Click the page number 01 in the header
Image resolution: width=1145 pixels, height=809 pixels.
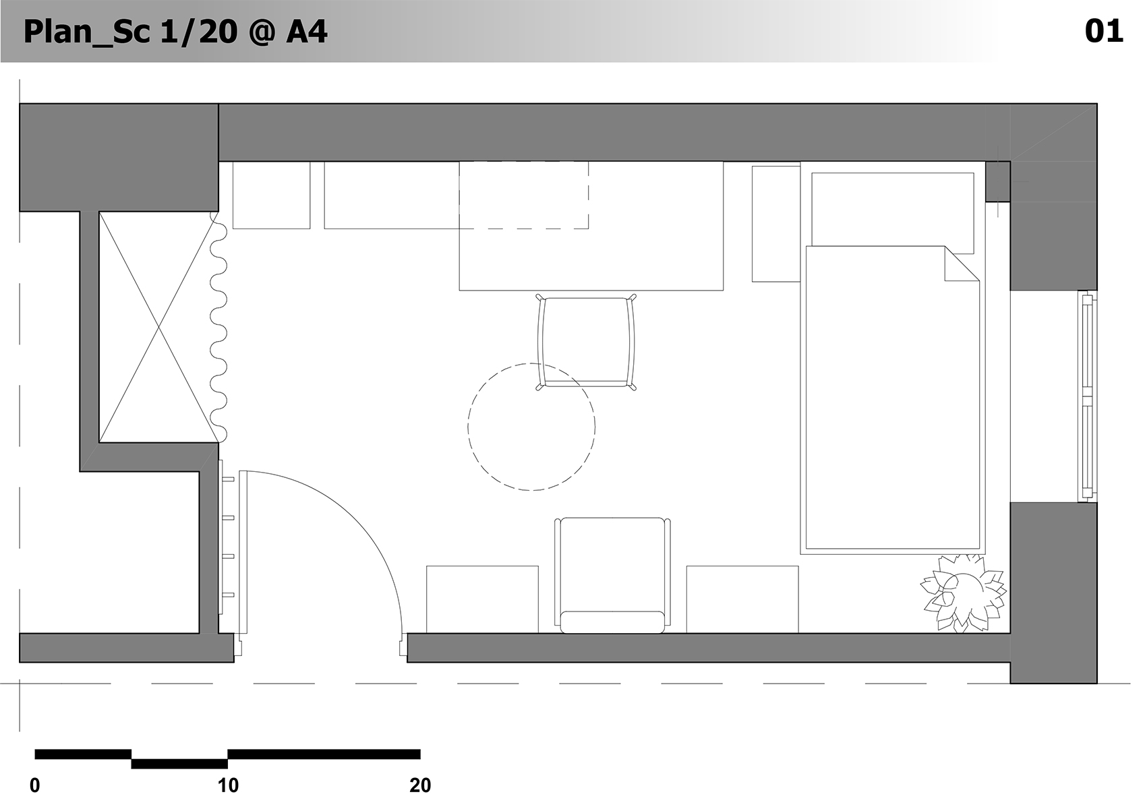(1103, 31)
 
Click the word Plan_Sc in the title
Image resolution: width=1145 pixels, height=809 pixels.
(86, 32)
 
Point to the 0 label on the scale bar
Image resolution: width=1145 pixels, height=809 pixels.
(35, 785)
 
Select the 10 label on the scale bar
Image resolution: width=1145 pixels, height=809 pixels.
(228, 785)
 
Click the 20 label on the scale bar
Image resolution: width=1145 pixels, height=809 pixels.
(420, 785)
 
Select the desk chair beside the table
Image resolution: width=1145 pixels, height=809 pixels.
(586, 342)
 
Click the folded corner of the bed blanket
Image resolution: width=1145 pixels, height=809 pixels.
(962, 264)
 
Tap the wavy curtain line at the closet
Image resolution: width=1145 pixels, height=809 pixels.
(218, 327)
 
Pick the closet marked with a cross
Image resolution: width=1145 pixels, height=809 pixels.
(158, 326)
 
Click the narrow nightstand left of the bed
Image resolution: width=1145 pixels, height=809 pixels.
(776, 224)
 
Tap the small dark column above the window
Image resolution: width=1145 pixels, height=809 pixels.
(998, 181)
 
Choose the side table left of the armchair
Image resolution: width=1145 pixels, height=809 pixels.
(483, 599)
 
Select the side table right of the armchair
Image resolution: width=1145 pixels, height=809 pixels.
(742, 599)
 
